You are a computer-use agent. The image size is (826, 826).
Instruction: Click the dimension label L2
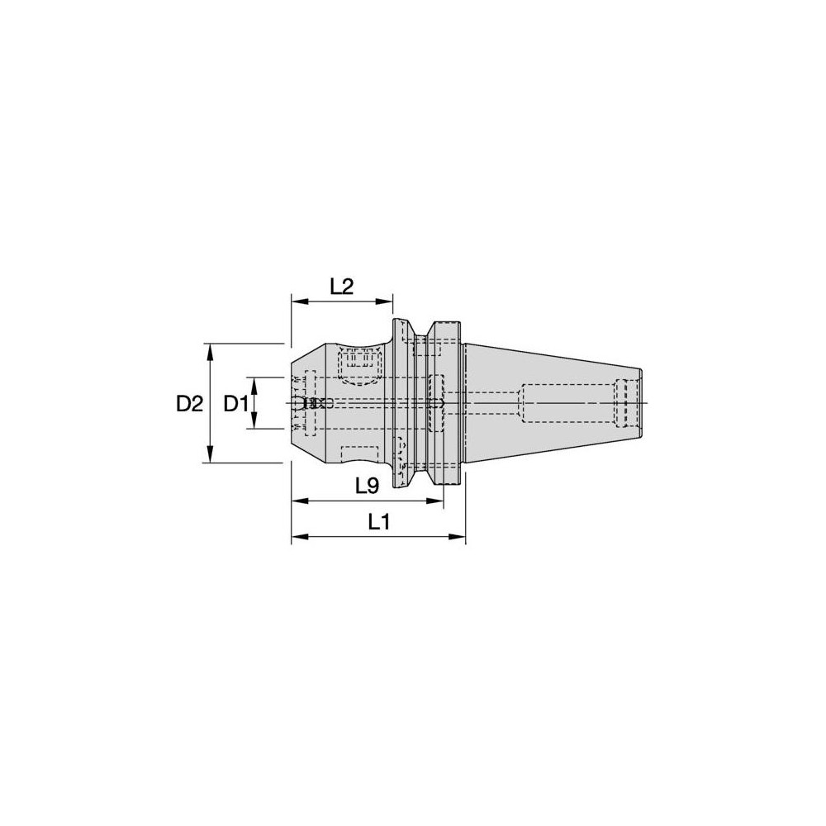click(x=341, y=287)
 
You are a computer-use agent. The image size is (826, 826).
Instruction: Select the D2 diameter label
click(x=189, y=404)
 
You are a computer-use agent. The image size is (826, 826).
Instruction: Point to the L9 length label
click(x=367, y=487)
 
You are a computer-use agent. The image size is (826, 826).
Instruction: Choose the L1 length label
click(x=379, y=522)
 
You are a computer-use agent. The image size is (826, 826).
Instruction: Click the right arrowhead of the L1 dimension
click(x=460, y=538)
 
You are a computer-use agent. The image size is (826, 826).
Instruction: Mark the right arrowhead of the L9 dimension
click(x=438, y=501)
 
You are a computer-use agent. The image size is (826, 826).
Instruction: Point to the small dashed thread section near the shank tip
click(x=627, y=403)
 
